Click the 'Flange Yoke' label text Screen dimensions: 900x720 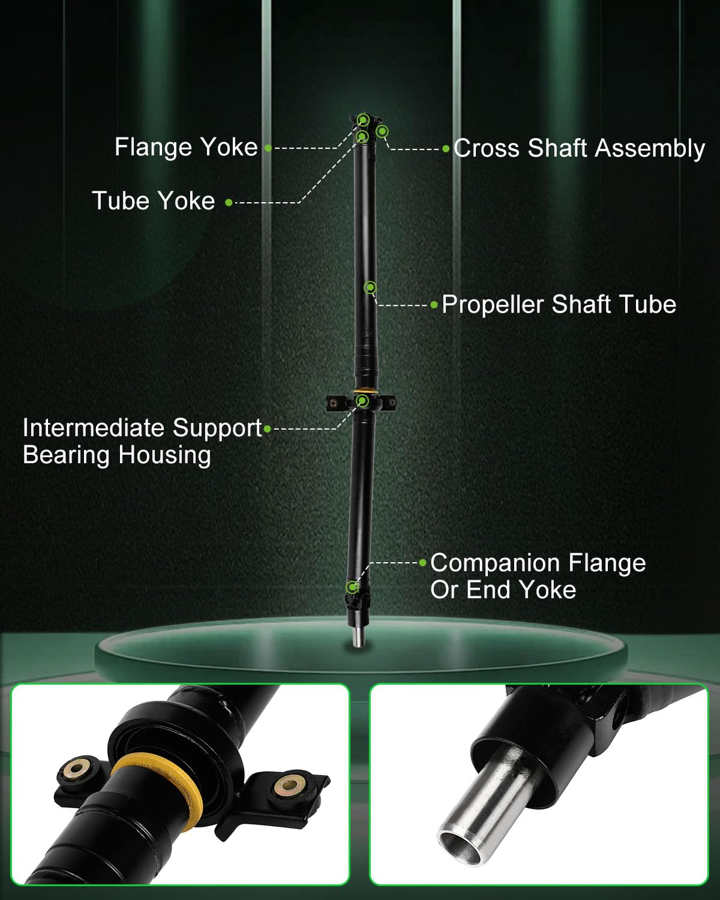[x=186, y=148]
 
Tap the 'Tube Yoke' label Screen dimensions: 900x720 [x=154, y=201]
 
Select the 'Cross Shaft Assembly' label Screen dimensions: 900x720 [x=579, y=149]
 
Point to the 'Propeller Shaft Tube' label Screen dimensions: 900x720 [x=559, y=305]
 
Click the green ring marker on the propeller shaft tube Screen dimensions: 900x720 [x=370, y=287]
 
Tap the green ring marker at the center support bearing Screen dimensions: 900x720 [x=362, y=401]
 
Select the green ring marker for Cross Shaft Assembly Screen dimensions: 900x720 [x=382, y=131]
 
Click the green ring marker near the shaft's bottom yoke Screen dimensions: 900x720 [x=352, y=586]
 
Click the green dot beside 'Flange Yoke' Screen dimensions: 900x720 [x=268, y=148]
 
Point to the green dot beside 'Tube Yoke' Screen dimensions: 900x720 [x=229, y=203]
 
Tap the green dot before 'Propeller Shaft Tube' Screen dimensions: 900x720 [x=434, y=305]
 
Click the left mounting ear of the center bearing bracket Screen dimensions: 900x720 [x=334, y=404]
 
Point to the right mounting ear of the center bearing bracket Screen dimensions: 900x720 [x=390, y=403]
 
